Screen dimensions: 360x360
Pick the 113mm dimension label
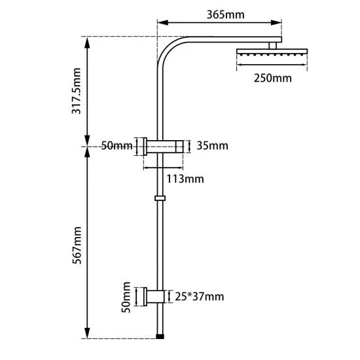click(185, 178)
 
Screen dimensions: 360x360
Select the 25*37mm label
click(199, 297)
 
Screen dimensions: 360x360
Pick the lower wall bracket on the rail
click(156, 297)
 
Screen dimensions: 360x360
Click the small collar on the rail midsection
click(160, 197)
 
